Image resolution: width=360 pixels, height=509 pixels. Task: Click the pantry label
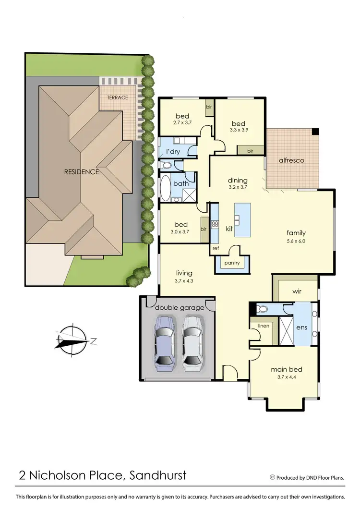(232, 263)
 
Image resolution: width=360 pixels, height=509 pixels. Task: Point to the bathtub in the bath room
(165, 188)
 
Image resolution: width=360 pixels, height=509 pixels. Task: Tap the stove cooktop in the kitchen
(215, 224)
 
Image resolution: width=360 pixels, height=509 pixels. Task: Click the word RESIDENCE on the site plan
(82, 171)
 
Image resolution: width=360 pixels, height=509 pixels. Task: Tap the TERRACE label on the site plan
(118, 97)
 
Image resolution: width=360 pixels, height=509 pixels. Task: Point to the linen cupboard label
(264, 326)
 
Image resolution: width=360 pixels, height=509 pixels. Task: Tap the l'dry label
(173, 152)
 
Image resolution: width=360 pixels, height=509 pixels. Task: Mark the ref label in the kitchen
(215, 249)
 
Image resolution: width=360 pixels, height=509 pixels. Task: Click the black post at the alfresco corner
(315, 131)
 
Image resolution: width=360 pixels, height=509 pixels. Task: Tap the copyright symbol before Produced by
(273, 477)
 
